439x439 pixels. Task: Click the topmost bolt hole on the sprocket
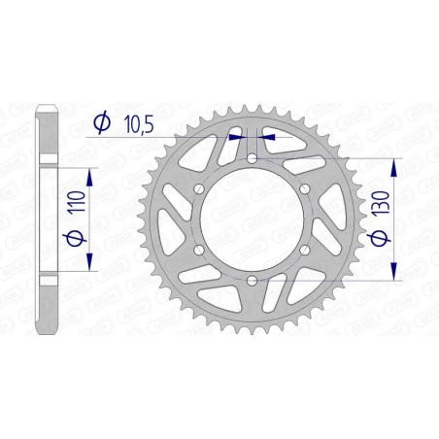point(252,158)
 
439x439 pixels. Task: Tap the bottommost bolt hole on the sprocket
point(252,281)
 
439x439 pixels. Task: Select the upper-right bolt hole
point(304,188)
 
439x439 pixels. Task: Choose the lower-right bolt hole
point(304,251)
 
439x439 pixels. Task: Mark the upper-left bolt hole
point(199,188)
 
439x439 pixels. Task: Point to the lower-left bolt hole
point(199,251)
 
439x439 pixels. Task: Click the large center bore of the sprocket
point(252,219)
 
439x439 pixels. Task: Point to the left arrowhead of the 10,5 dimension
point(234,138)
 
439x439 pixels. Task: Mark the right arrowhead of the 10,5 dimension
point(269,138)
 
